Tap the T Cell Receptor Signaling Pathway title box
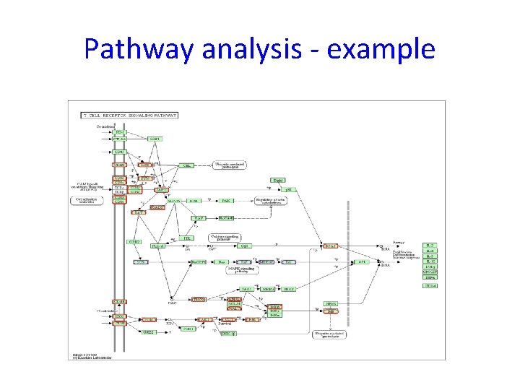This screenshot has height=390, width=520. point(130,115)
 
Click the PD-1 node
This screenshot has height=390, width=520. point(120,132)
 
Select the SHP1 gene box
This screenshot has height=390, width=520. point(155,139)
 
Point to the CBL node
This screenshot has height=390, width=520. point(186,165)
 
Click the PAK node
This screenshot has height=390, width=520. point(226,200)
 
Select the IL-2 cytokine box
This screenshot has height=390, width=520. point(430,246)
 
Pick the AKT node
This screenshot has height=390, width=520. point(205,318)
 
